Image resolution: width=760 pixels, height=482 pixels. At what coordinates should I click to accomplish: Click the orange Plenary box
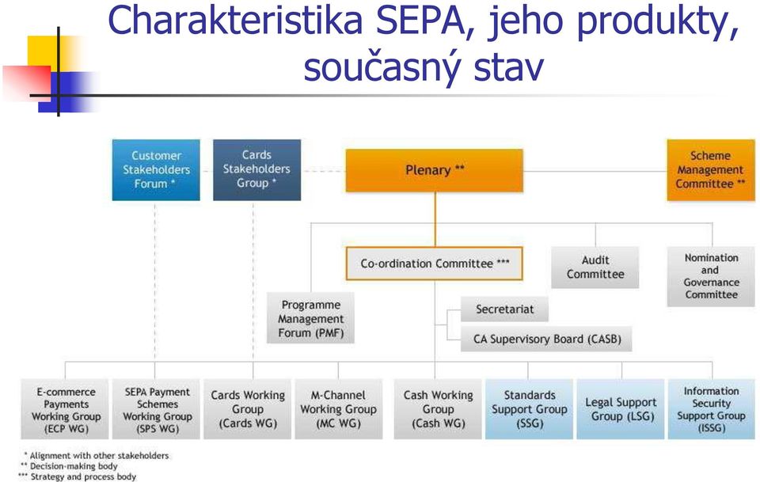[x=435, y=170]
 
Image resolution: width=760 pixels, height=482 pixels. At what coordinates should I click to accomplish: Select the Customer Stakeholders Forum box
[x=156, y=170]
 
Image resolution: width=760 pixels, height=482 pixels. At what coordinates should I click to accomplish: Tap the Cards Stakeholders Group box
[x=256, y=170]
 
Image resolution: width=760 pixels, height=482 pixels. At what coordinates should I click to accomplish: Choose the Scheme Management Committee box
[x=711, y=170]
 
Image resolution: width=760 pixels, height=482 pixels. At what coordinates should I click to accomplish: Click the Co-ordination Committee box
[x=435, y=264]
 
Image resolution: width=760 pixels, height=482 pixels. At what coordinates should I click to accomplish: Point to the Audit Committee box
[x=595, y=268]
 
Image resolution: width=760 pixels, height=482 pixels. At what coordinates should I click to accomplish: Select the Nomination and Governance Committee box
[x=711, y=276]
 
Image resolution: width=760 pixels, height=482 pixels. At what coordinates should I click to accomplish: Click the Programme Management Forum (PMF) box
[x=310, y=318]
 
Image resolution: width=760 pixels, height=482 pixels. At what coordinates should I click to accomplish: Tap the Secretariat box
[x=504, y=309]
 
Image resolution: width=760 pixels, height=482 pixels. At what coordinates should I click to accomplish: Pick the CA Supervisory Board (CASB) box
[x=547, y=339]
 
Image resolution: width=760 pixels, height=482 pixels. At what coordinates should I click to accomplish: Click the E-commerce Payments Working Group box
[x=66, y=409]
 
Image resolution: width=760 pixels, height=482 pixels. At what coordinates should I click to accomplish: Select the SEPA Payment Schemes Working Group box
[x=157, y=409]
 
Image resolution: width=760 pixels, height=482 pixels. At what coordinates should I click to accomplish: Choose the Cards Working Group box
[x=248, y=409]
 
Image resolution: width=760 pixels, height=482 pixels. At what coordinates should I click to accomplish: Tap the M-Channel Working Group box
[x=338, y=409]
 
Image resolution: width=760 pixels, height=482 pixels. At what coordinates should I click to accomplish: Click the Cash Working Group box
[x=438, y=409]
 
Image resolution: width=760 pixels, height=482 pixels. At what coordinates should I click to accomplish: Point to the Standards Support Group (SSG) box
[x=530, y=409]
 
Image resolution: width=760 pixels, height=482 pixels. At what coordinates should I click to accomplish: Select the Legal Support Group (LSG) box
[x=621, y=409]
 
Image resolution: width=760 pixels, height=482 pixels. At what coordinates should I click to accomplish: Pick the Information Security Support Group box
[x=712, y=409]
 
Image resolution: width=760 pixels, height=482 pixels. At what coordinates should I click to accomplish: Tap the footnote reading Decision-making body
[x=74, y=466]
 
